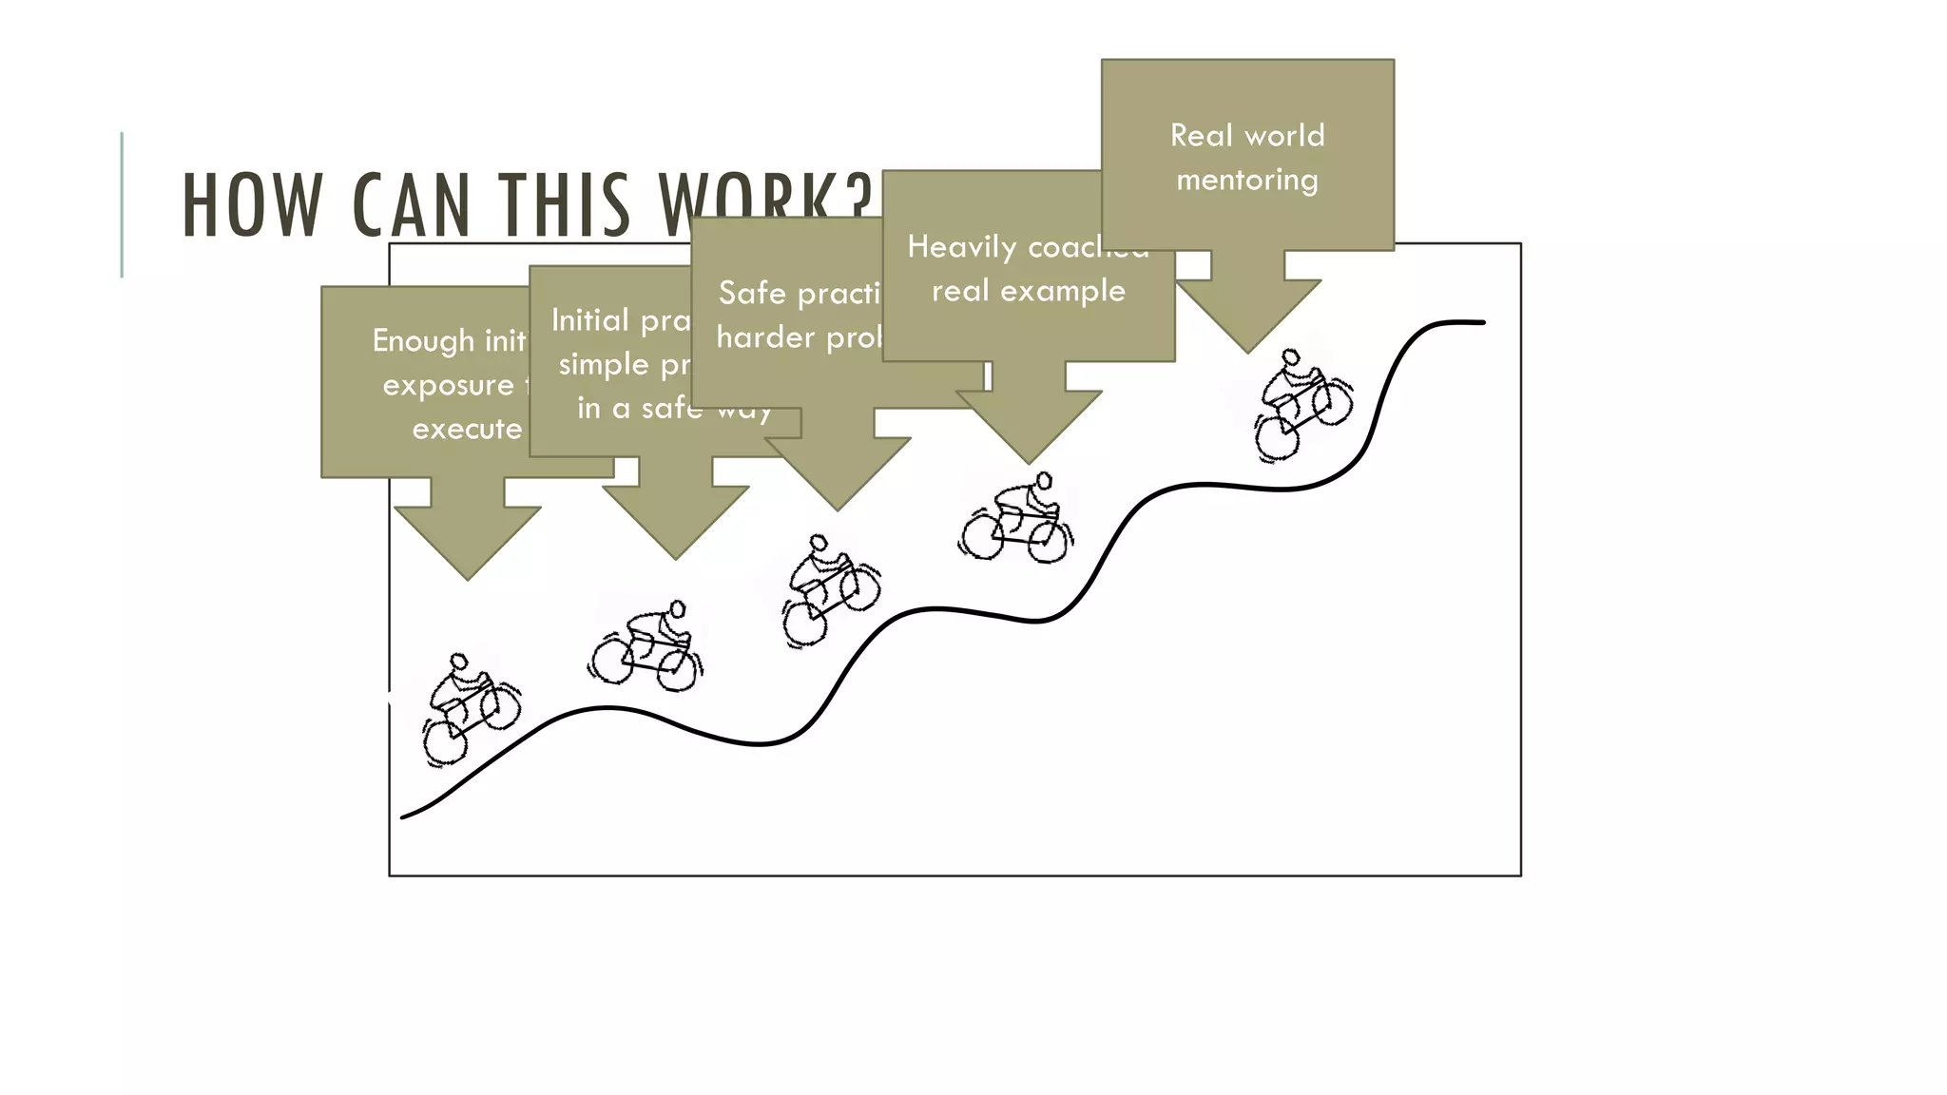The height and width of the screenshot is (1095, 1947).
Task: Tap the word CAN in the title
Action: click(411, 205)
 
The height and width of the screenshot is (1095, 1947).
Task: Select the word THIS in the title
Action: click(565, 205)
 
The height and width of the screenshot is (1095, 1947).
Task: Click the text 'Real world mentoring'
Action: click(1247, 157)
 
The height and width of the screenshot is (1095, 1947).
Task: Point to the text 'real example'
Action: click(1028, 291)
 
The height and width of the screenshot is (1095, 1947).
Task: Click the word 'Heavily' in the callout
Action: click(961, 247)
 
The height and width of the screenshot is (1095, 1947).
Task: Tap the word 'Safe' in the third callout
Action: click(752, 293)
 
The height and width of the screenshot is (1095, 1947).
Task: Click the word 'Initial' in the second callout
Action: click(590, 320)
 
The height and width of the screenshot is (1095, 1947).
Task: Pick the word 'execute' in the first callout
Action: click(467, 430)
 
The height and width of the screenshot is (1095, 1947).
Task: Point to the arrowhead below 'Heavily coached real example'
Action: click(1029, 428)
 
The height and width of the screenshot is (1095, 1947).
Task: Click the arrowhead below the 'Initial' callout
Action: click(676, 524)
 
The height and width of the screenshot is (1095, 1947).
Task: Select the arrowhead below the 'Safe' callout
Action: click(838, 475)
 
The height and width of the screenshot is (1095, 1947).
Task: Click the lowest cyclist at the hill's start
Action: click(470, 709)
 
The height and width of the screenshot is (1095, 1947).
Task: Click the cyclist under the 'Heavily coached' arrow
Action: click(1016, 520)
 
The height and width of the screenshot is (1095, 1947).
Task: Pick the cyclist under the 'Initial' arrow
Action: click(646, 644)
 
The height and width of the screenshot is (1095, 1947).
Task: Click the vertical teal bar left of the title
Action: click(122, 204)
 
